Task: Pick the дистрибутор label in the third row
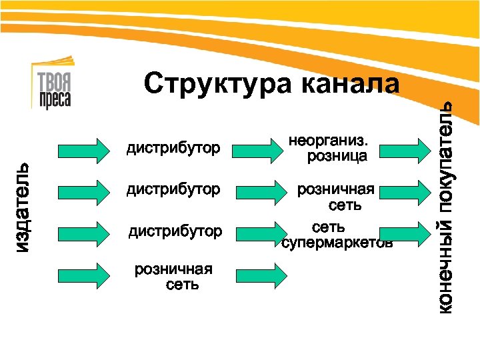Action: tap(175, 231)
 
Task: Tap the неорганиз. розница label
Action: tap(331, 149)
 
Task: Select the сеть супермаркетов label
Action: tap(337, 235)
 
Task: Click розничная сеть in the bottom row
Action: tap(174, 277)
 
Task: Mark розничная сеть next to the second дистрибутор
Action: tap(336, 197)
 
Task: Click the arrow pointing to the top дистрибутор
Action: tap(83, 150)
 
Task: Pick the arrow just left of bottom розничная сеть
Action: tap(83, 275)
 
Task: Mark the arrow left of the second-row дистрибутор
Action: tap(83, 191)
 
